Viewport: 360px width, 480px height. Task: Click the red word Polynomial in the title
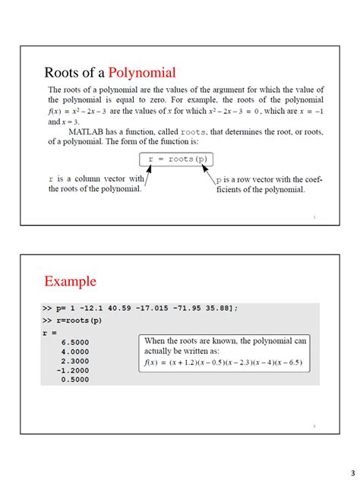pyautogui.click(x=142, y=73)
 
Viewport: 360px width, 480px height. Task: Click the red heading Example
pyautogui.click(x=70, y=282)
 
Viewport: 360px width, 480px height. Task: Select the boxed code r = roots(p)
pyautogui.click(x=177, y=159)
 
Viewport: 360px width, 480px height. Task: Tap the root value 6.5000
pyautogui.click(x=75, y=342)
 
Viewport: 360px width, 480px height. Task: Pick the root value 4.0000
pyautogui.click(x=75, y=351)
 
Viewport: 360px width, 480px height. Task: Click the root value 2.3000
pyautogui.click(x=75, y=361)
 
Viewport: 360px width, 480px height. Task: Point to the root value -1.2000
pyautogui.click(x=74, y=370)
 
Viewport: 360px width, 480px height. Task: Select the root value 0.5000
pyautogui.click(x=75, y=379)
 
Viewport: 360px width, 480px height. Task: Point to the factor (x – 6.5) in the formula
pyautogui.click(x=288, y=362)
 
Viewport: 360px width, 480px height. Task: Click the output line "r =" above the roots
pyautogui.click(x=49, y=332)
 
